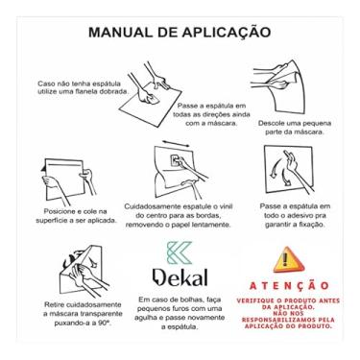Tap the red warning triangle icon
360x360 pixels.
[285, 260]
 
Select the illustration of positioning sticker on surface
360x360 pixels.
[67, 177]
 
